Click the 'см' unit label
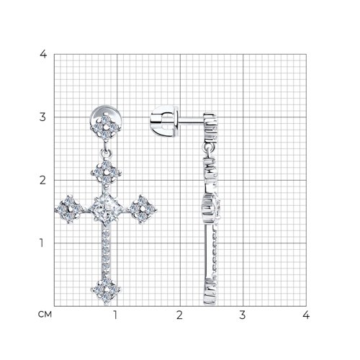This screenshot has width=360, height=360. (x=45, y=315)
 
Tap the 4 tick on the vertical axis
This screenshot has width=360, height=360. (x=43, y=54)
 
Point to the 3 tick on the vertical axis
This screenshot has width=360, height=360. (x=42, y=117)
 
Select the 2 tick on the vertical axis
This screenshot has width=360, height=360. (x=42, y=180)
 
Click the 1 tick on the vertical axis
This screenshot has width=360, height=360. (x=42, y=243)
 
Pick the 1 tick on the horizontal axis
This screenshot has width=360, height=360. (x=115, y=315)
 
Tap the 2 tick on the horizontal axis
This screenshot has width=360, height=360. (x=179, y=315)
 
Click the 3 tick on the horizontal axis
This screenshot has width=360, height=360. (x=243, y=315)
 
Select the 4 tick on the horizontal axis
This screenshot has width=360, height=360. (x=306, y=315)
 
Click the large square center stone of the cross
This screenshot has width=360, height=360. (x=106, y=209)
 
